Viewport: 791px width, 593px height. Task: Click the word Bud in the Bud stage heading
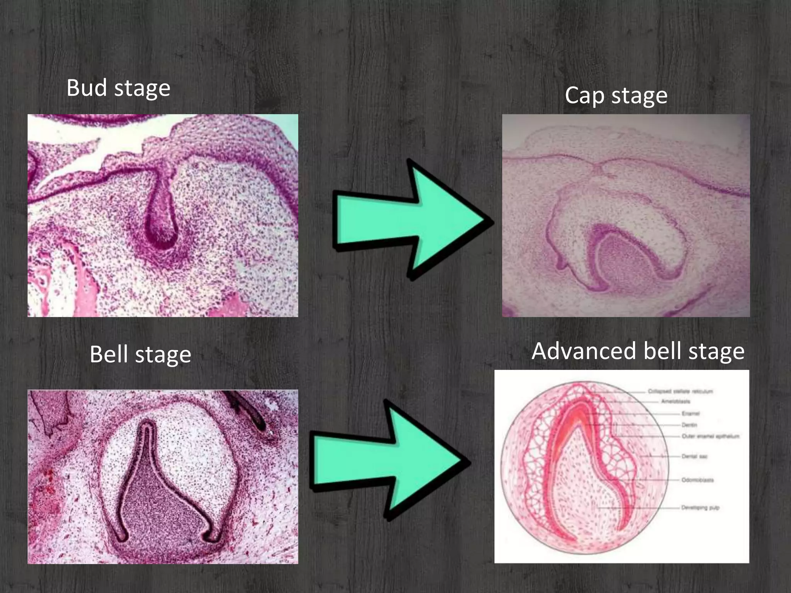(x=87, y=88)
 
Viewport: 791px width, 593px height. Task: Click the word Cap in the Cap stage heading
(x=584, y=95)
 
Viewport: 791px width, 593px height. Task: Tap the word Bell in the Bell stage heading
(x=109, y=354)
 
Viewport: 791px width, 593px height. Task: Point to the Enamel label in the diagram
(x=690, y=413)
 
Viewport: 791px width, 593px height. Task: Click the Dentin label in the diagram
(x=689, y=425)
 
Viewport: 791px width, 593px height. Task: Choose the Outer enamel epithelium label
(x=710, y=436)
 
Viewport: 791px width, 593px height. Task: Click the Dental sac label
(x=694, y=456)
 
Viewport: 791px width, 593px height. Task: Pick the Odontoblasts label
(x=698, y=480)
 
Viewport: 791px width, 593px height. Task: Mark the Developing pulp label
(x=700, y=508)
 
